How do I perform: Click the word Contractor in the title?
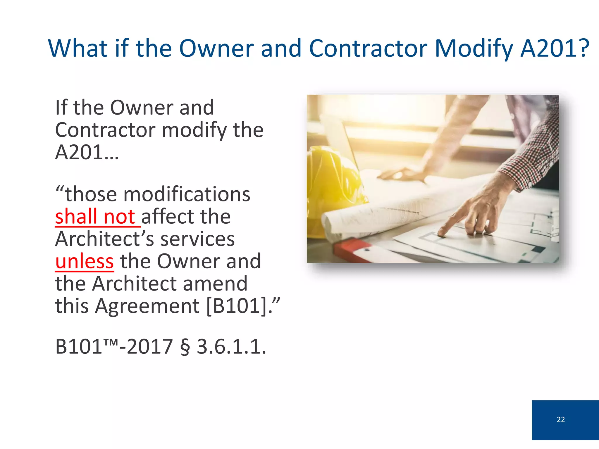pos(368,49)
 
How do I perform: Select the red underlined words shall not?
pos(95,217)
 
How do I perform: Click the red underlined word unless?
pos(85,261)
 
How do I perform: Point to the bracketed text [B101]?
pos(237,306)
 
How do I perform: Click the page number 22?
pos(561,419)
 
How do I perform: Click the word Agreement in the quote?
pos(147,306)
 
